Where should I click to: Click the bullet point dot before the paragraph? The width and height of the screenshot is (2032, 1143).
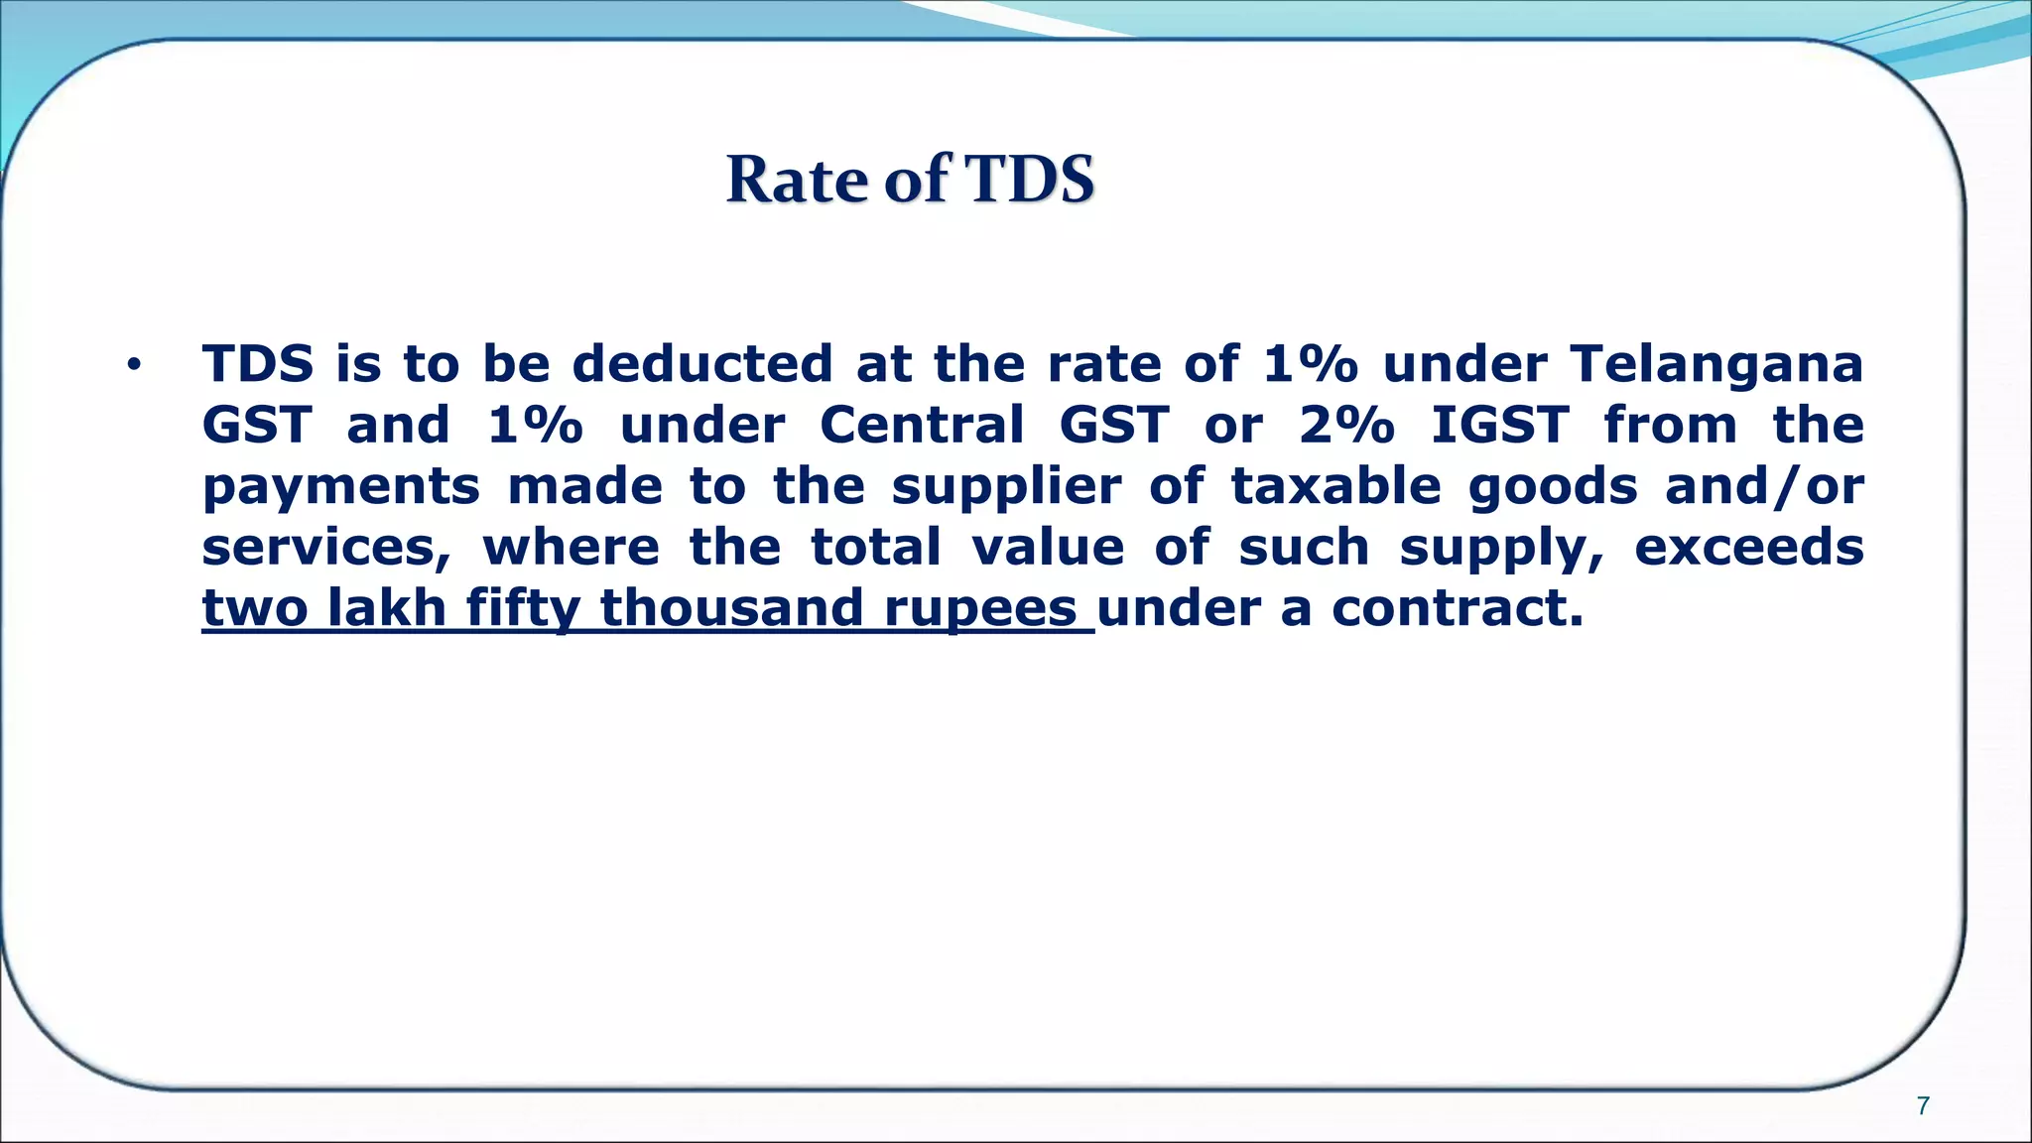pos(134,366)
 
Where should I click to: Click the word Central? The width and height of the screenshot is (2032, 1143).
pos(922,425)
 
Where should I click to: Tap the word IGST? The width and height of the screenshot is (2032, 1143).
pos(1500,425)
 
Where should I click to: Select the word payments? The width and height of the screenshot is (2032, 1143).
pos(341,487)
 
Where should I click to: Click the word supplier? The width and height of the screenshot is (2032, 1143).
pos(1006,487)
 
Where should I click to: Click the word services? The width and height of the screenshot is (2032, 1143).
pos(325,549)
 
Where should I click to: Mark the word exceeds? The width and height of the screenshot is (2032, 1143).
pos(1749,548)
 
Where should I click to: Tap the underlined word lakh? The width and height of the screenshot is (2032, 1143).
pos(386,608)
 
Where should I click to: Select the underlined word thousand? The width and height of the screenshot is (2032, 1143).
pos(732,608)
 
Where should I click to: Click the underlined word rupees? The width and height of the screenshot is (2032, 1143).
pos(980,609)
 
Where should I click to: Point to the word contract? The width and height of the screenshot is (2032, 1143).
pos(1457,608)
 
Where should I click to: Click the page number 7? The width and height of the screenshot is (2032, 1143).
pos(1923,1106)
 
